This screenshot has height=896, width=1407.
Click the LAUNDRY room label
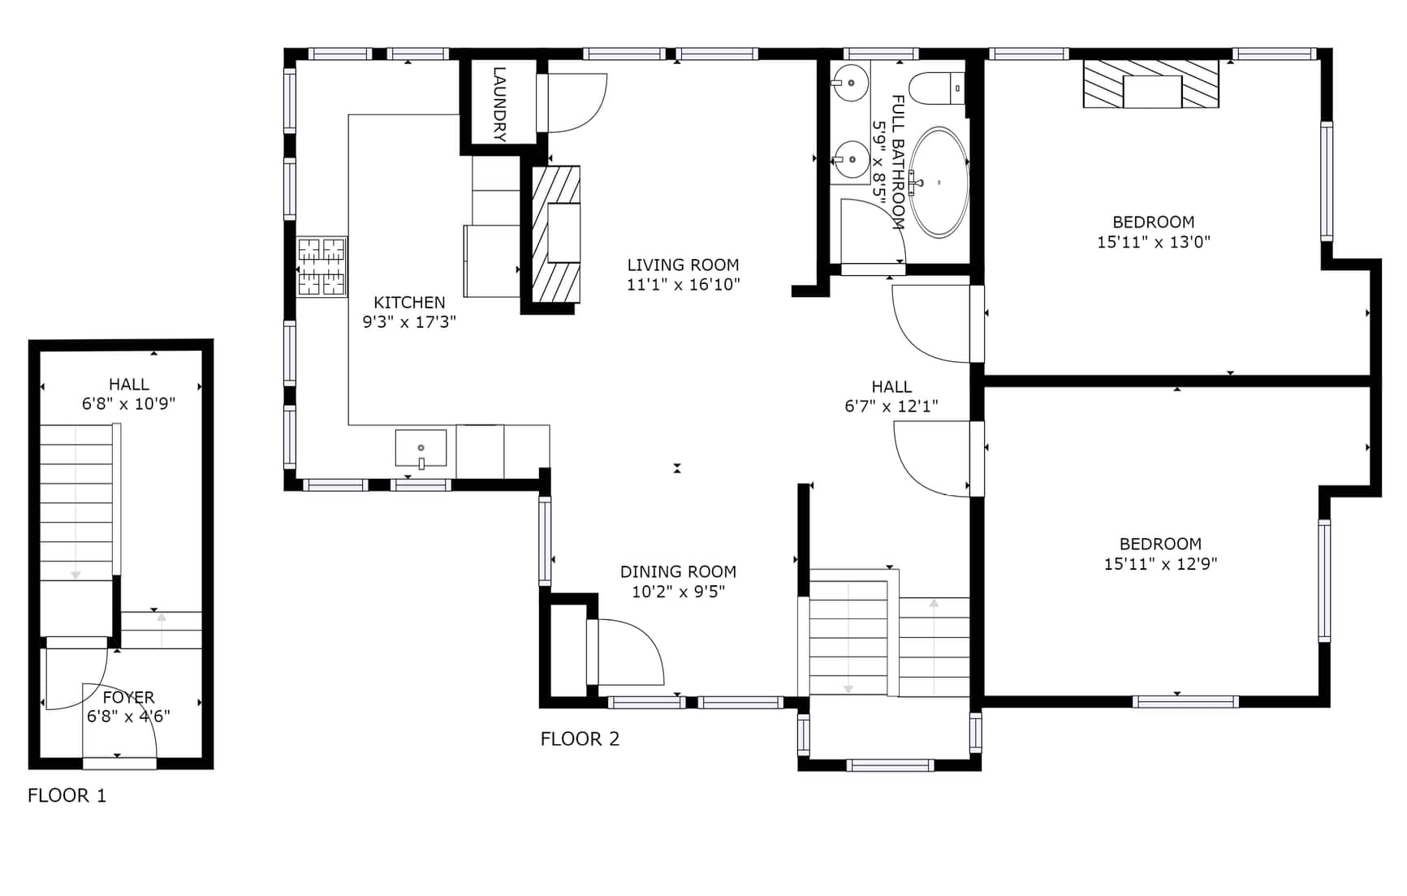(x=499, y=104)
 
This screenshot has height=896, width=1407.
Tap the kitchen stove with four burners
(x=322, y=266)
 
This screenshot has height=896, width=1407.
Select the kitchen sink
(x=421, y=449)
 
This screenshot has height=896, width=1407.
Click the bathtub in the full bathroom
(x=939, y=182)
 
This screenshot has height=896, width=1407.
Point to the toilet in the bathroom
(x=936, y=88)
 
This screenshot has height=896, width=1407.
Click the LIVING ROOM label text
(x=683, y=265)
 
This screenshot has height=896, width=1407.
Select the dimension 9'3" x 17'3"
(x=409, y=321)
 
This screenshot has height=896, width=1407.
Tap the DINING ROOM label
(x=678, y=571)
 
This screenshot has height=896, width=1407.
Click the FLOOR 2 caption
(x=580, y=739)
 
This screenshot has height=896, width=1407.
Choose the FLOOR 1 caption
(x=67, y=795)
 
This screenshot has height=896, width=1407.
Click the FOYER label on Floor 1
(x=128, y=697)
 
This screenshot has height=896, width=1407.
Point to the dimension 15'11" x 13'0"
(x=1154, y=241)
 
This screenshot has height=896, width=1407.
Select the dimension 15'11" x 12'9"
(x=1160, y=563)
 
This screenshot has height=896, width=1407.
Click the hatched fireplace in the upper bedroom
(x=1151, y=84)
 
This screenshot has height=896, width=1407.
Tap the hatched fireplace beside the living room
(x=556, y=235)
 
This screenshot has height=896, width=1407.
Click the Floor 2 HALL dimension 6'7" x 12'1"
(x=891, y=406)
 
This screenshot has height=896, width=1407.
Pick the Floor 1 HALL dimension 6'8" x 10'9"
(x=128, y=403)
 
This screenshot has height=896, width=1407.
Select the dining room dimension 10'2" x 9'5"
(x=678, y=591)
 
